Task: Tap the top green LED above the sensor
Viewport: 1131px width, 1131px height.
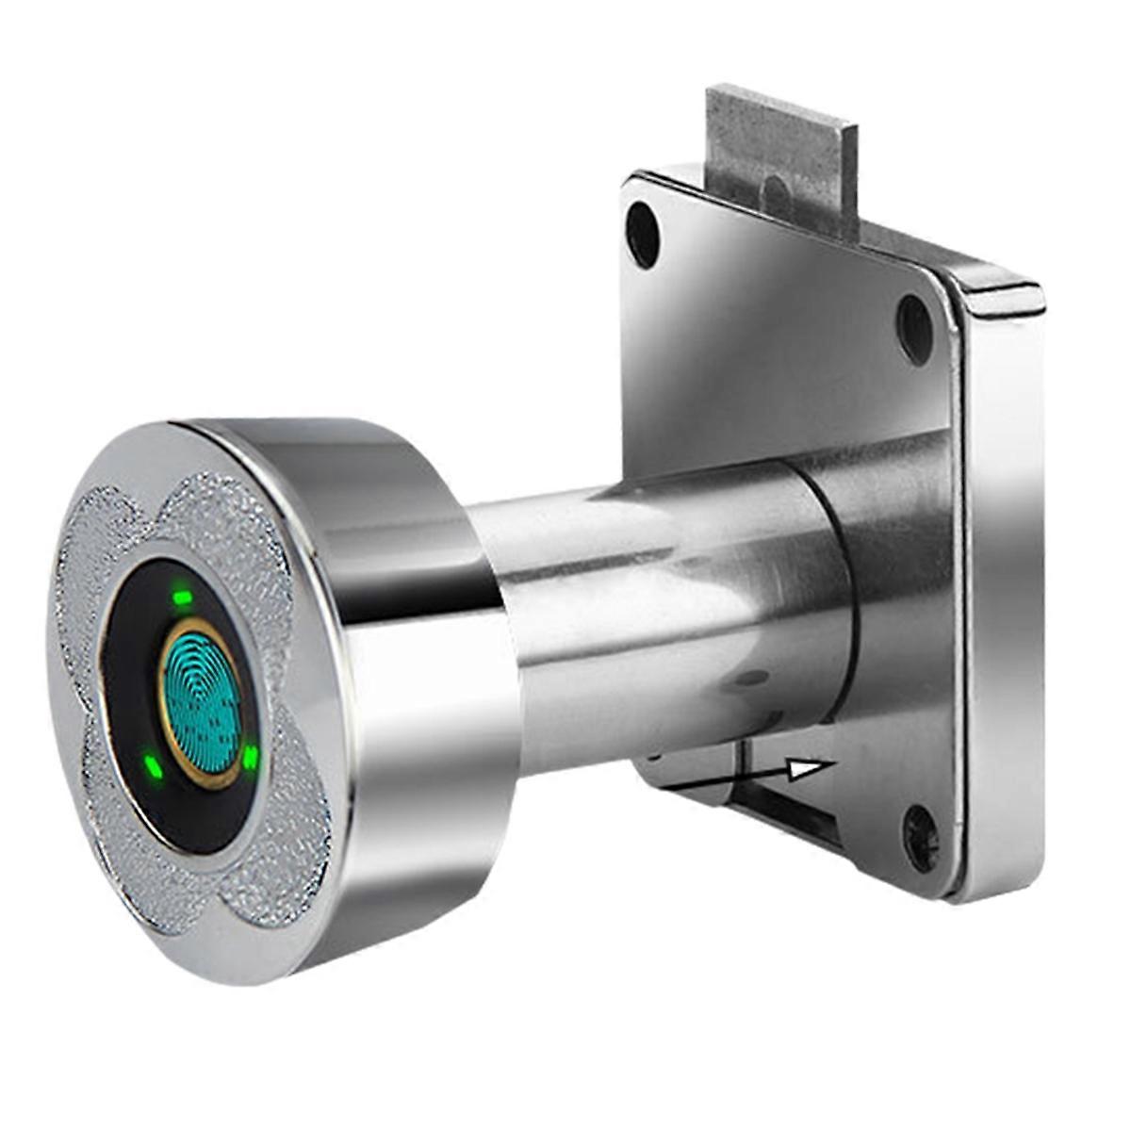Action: [x=183, y=597]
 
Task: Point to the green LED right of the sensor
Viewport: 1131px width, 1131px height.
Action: [x=251, y=757]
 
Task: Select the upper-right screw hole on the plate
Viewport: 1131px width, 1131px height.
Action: [x=913, y=318]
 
